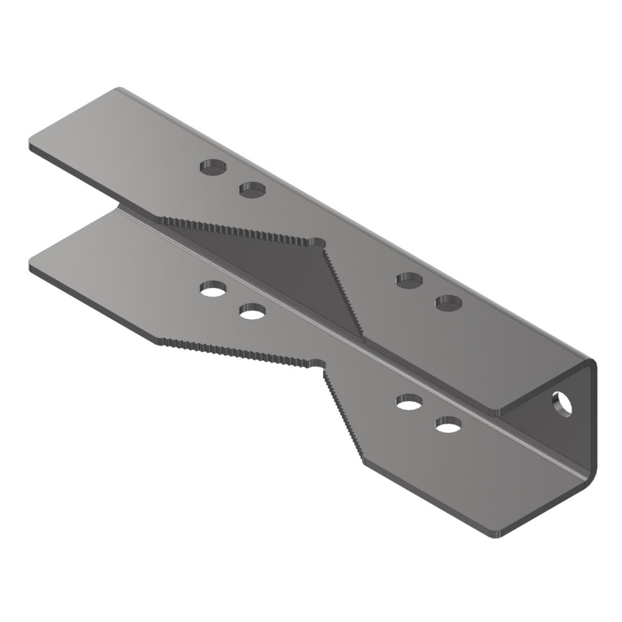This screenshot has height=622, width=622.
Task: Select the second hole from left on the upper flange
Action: [x=252, y=190]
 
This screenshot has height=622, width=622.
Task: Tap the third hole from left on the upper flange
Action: [x=409, y=280]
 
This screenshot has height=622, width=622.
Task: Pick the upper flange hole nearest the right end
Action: [x=448, y=302]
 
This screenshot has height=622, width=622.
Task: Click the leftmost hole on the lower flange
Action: [x=214, y=288]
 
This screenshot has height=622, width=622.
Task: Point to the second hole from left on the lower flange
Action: [x=252, y=312]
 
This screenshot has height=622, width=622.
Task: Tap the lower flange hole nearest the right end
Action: [x=448, y=425]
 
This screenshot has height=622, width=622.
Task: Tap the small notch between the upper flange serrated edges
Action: [x=317, y=243]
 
